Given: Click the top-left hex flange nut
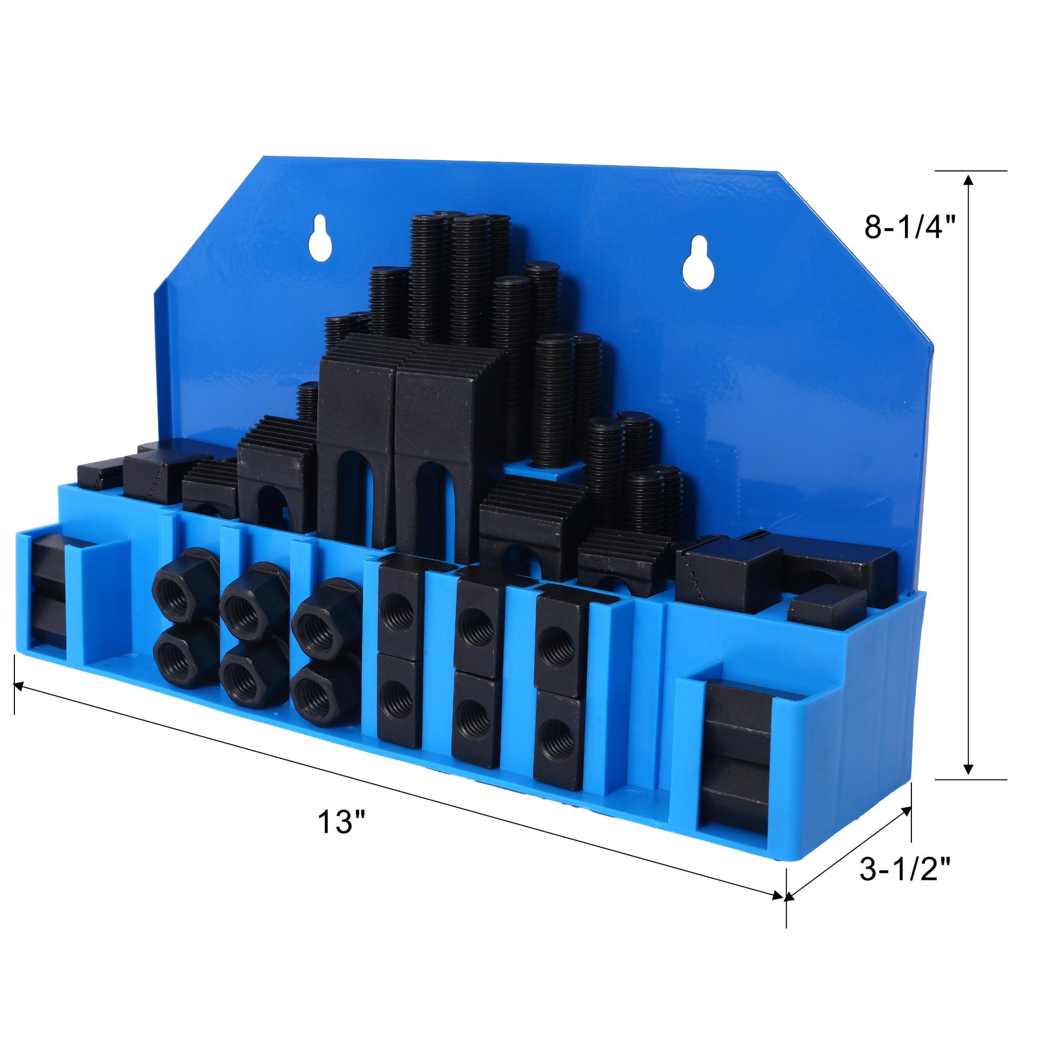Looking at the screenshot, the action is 186,587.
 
